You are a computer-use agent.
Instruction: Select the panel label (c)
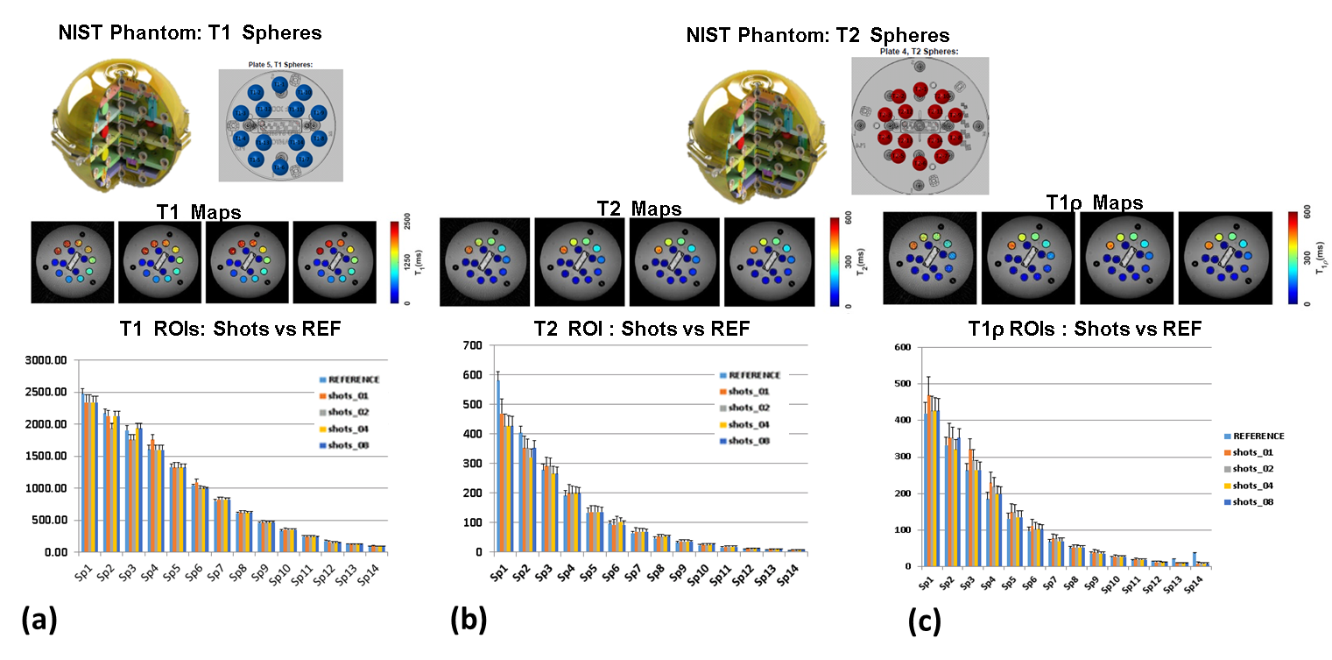(924, 621)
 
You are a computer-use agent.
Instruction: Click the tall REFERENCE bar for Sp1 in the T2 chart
(498, 465)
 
